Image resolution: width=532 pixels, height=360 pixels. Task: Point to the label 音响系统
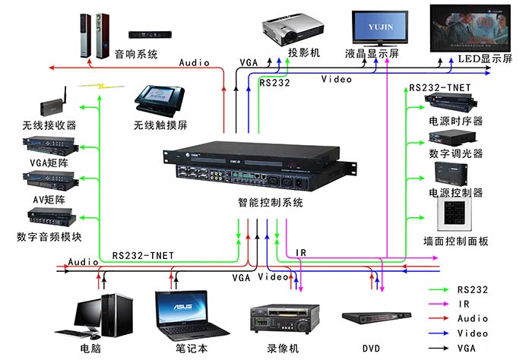tap(136, 54)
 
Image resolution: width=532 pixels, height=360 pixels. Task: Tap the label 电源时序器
tap(455, 122)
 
